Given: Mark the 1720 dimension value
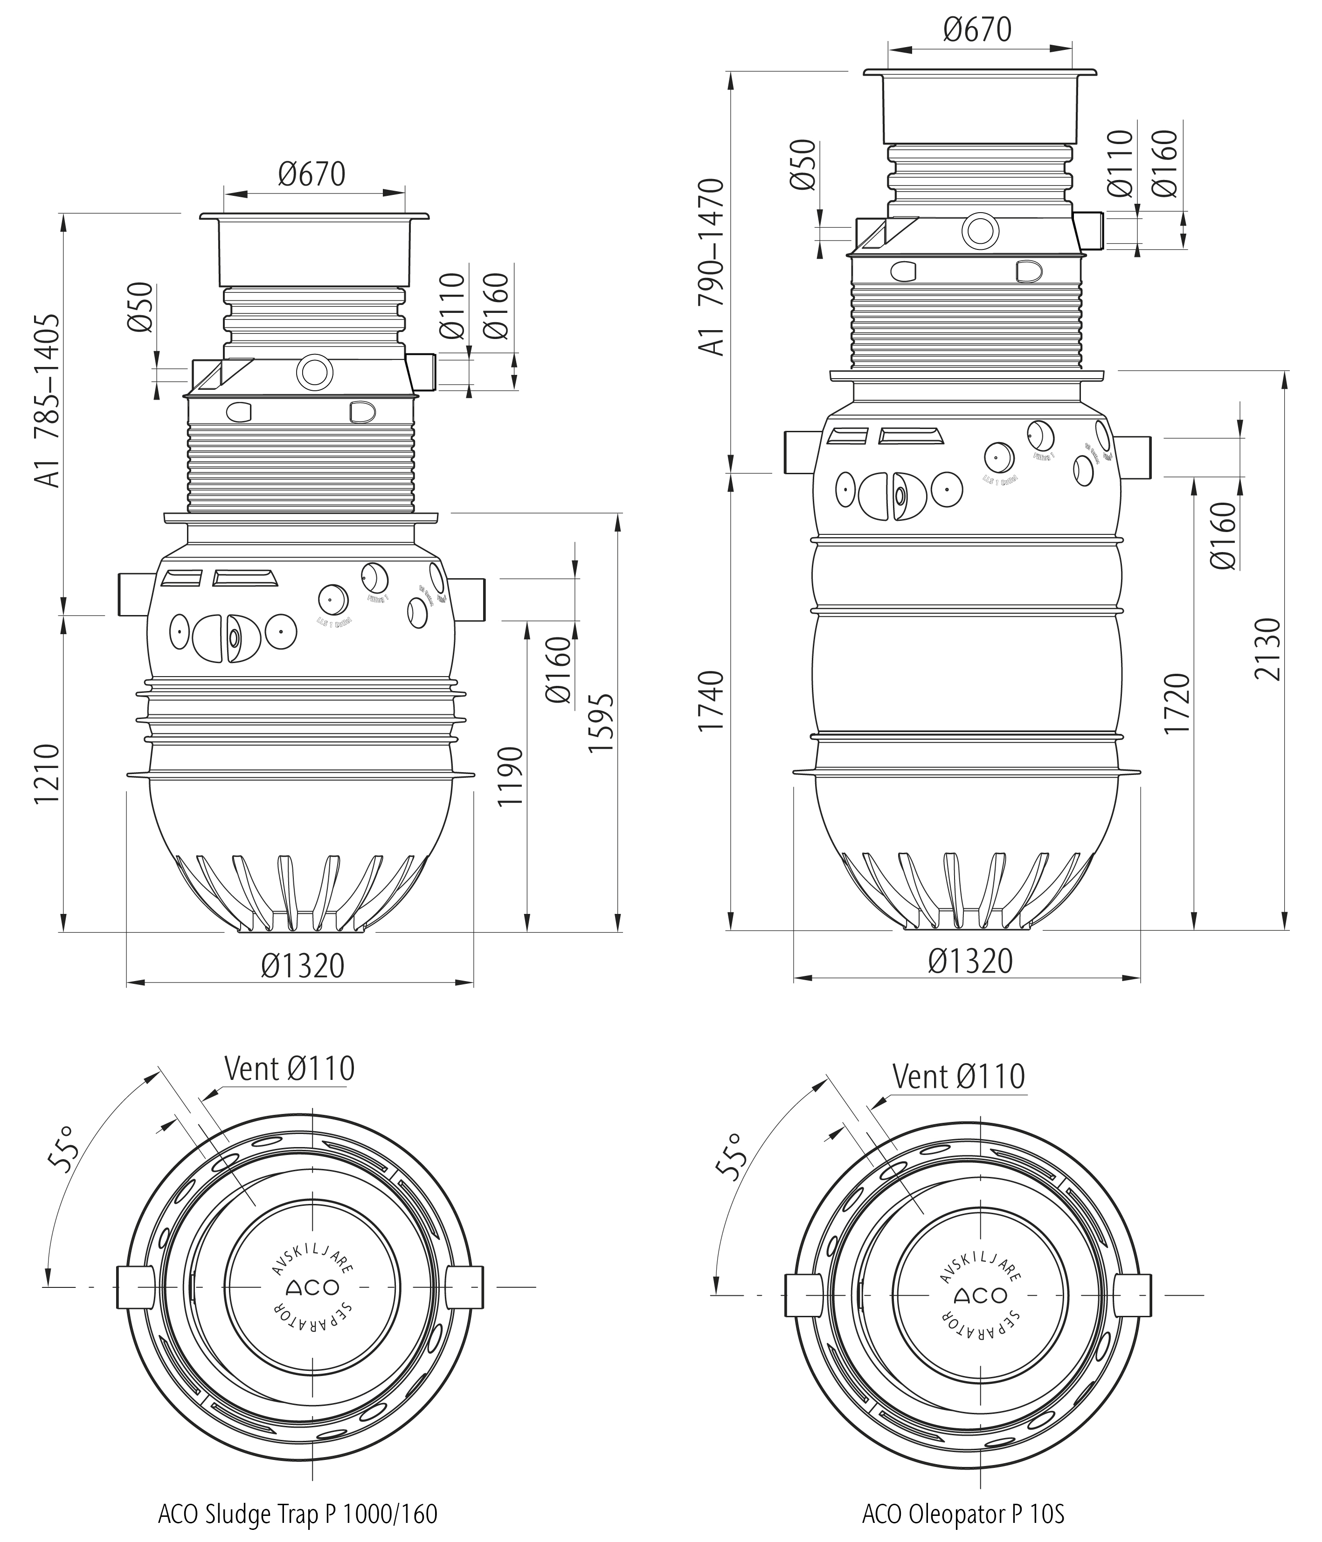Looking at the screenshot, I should tap(1177, 703).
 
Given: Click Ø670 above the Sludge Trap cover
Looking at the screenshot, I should tap(312, 174).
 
